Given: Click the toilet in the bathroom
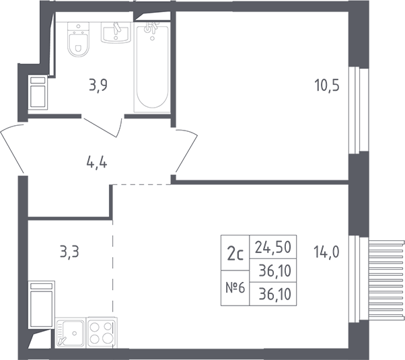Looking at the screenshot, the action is pyautogui.click(x=78, y=39).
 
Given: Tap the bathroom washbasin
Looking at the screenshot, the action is pyautogui.click(x=116, y=32).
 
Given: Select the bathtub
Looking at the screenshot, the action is pyautogui.click(x=152, y=67).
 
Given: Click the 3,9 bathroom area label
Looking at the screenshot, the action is pyautogui.click(x=98, y=85).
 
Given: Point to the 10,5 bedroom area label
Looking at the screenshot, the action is pyautogui.click(x=327, y=85).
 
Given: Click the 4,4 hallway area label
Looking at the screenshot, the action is pyautogui.click(x=97, y=163).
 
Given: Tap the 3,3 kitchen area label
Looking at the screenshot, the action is pyautogui.click(x=69, y=252).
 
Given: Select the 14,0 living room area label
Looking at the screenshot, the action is pyautogui.click(x=326, y=252).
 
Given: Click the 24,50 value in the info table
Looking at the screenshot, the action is pyautogui.click(x=273, y=247).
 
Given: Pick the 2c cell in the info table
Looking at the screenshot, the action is pyautogui.click(x=235, y=253).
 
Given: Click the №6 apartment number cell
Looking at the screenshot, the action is pyautogui.click(x=235, y=288).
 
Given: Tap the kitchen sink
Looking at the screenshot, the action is pyautogui.click(x=70, y=332).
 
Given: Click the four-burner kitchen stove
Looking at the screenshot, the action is pyautogui.click(x=102, y=332).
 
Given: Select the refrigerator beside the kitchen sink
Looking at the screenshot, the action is pyautogui.click(x=41, y=305).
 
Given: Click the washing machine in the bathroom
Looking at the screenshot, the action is pyautogui.click(x=38, y=92).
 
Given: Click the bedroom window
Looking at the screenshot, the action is pyautogui.click(x=358, y=111).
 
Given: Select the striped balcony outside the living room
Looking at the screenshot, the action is pyautogui.click(x=386, y=280).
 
